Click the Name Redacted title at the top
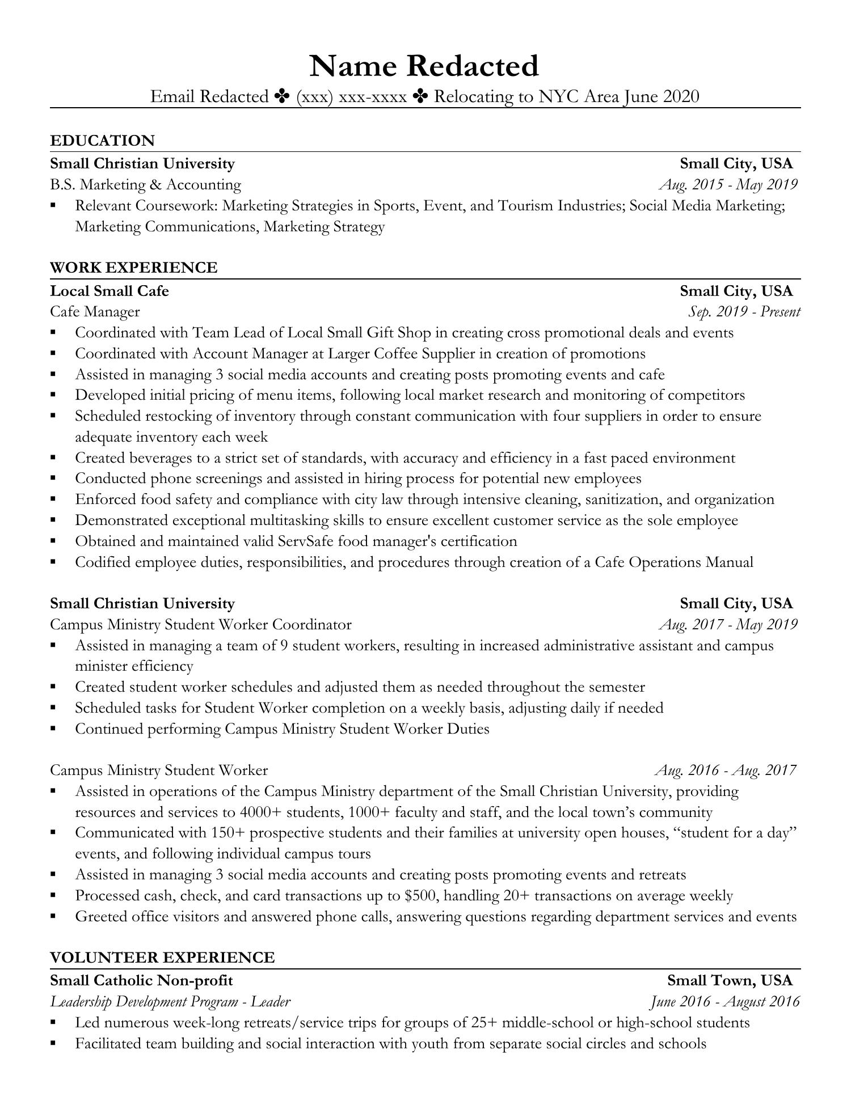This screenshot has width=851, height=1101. [424, 66]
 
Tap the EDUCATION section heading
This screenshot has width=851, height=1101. [102, 141]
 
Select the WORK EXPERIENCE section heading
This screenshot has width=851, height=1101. [133, 268]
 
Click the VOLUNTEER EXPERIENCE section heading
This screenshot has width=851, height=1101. [162, 958]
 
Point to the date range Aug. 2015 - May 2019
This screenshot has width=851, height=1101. [728, 184]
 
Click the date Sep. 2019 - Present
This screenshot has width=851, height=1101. [744, 312]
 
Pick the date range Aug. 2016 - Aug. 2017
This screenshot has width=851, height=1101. [726, 770]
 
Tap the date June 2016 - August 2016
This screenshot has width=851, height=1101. [724, 1001]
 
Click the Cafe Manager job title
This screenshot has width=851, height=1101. [95, 312]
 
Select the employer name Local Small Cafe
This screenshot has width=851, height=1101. [109, 291]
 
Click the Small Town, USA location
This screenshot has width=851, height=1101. [730, 980]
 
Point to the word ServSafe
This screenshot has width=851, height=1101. [306, 541]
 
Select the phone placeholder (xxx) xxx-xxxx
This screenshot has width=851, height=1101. [351, 97]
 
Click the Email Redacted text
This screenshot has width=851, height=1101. [209, 97]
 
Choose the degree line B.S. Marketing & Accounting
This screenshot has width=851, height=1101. [145, 184]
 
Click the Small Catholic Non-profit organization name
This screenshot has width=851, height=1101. [141, 980]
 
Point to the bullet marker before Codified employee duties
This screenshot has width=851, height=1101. [53, 562]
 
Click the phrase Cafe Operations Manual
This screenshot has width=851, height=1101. [674, 562]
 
